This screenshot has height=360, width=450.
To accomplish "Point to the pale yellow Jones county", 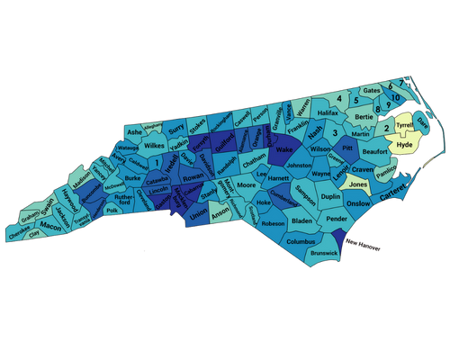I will coord(357,184).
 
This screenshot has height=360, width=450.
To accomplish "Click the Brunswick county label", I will coord(323,254).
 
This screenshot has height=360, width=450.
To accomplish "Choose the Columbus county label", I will coord(301,241).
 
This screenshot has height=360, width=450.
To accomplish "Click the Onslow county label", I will coord(358,204).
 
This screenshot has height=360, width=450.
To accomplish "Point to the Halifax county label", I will coord(328,112).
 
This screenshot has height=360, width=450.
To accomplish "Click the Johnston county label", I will coord(298,166).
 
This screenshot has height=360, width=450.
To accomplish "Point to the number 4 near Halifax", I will coord(339,98).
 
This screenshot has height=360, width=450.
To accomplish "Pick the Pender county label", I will coord(337,219).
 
